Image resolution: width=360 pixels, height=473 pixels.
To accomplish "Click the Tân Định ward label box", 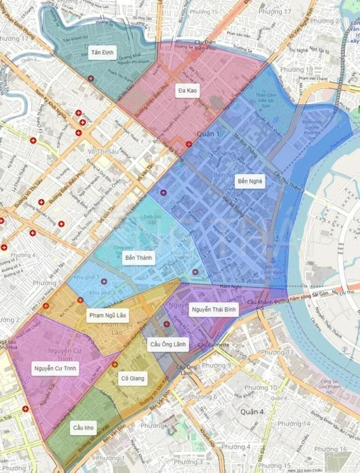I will (102, 53).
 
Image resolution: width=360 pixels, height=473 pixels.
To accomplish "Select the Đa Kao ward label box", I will (187, 91).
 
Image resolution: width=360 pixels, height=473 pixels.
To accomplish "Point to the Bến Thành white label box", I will (139, 258).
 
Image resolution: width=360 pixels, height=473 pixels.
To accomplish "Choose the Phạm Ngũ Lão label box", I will (107, 315).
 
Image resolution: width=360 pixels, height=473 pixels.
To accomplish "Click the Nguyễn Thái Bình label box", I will (213, 309).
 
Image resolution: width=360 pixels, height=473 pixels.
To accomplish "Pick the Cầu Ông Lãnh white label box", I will (168, 344).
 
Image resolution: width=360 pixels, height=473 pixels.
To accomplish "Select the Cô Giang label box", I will (133, 378).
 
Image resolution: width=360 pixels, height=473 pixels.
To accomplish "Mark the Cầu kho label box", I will (84, 428).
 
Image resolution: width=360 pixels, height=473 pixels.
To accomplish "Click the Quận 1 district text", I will (208, 134).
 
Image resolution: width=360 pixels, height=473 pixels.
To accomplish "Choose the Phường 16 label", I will (330, 449).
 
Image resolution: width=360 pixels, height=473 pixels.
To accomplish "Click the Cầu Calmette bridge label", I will (213, 345).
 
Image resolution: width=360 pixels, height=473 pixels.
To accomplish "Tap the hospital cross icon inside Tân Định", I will (91, 78).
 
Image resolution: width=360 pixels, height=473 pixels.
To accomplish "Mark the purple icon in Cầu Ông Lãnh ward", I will (166, 324).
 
